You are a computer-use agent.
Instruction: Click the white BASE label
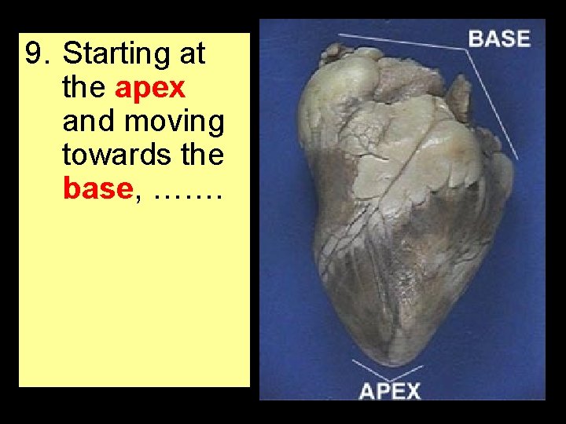click(499, 38)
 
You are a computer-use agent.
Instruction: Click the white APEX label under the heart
click(390, 390)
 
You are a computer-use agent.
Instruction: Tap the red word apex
click(149, 88)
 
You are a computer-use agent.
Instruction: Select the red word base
click(97, 189)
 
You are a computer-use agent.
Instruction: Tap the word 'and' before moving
click(87, 122)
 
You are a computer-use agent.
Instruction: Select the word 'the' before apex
click(84, 88)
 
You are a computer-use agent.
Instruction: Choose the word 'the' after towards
click(202, 155)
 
